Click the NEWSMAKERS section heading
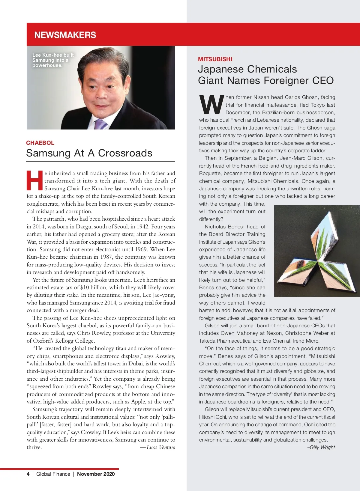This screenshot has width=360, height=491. (x=65, y=35)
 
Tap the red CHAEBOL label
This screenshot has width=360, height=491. (x=40, y=143)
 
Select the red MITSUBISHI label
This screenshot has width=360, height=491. (x=215, y=59)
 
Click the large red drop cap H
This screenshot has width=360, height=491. (x=35, y=180)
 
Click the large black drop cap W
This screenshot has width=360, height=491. (x=211, y=105)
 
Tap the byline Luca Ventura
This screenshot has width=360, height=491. (x=161, y=447)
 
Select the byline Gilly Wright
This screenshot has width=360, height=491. (x=322, y=447)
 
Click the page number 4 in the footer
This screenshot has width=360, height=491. (x=28, y=474)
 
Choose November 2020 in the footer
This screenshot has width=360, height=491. (x=96, y=474)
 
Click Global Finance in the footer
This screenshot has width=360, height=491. (x=53, y=474)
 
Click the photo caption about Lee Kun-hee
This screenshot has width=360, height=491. (x=53, y=60)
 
